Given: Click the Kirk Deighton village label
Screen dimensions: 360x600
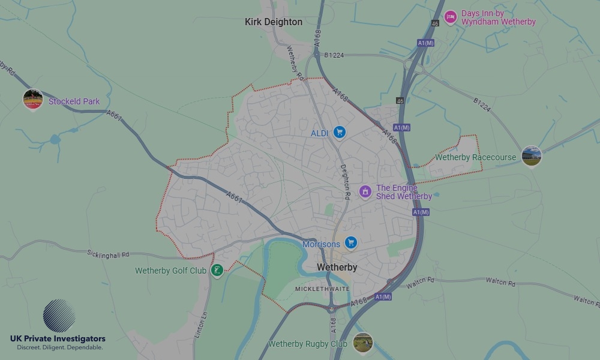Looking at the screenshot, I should click(274, 22).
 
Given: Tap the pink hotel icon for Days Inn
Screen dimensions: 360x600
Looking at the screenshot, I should click(450, 17).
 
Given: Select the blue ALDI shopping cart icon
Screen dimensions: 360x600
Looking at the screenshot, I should click(340, 132).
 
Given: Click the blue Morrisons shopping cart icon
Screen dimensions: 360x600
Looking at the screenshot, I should click(351, 243).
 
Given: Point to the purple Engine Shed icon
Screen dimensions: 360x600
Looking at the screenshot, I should click(365, 191).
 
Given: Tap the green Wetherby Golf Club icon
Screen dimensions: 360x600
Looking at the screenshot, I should click(217, 270).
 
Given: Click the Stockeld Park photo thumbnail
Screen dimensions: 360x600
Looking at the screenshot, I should click(33, 99).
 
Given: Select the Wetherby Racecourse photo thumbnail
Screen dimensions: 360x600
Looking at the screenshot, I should click(531, 156).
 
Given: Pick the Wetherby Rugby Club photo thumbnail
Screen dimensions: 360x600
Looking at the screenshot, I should click(362, 343).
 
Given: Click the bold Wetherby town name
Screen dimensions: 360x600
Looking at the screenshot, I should click(337, 268).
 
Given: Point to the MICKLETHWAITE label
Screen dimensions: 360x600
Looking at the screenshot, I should click(323, 289).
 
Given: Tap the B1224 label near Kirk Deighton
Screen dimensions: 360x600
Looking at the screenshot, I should click(334, 55).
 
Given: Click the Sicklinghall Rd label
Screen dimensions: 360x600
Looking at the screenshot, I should click(108, 254).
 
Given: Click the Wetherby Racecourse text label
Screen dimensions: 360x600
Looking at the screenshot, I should click(475, 158).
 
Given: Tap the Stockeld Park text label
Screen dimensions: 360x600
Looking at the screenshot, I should click(74, 101).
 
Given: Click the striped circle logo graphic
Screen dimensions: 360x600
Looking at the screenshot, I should click(59, 316).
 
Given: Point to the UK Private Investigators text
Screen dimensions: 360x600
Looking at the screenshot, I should click(58, 339).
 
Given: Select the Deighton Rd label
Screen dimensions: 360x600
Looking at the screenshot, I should click(345, 182).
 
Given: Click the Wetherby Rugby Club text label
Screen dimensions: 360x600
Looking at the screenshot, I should click(308, 344).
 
